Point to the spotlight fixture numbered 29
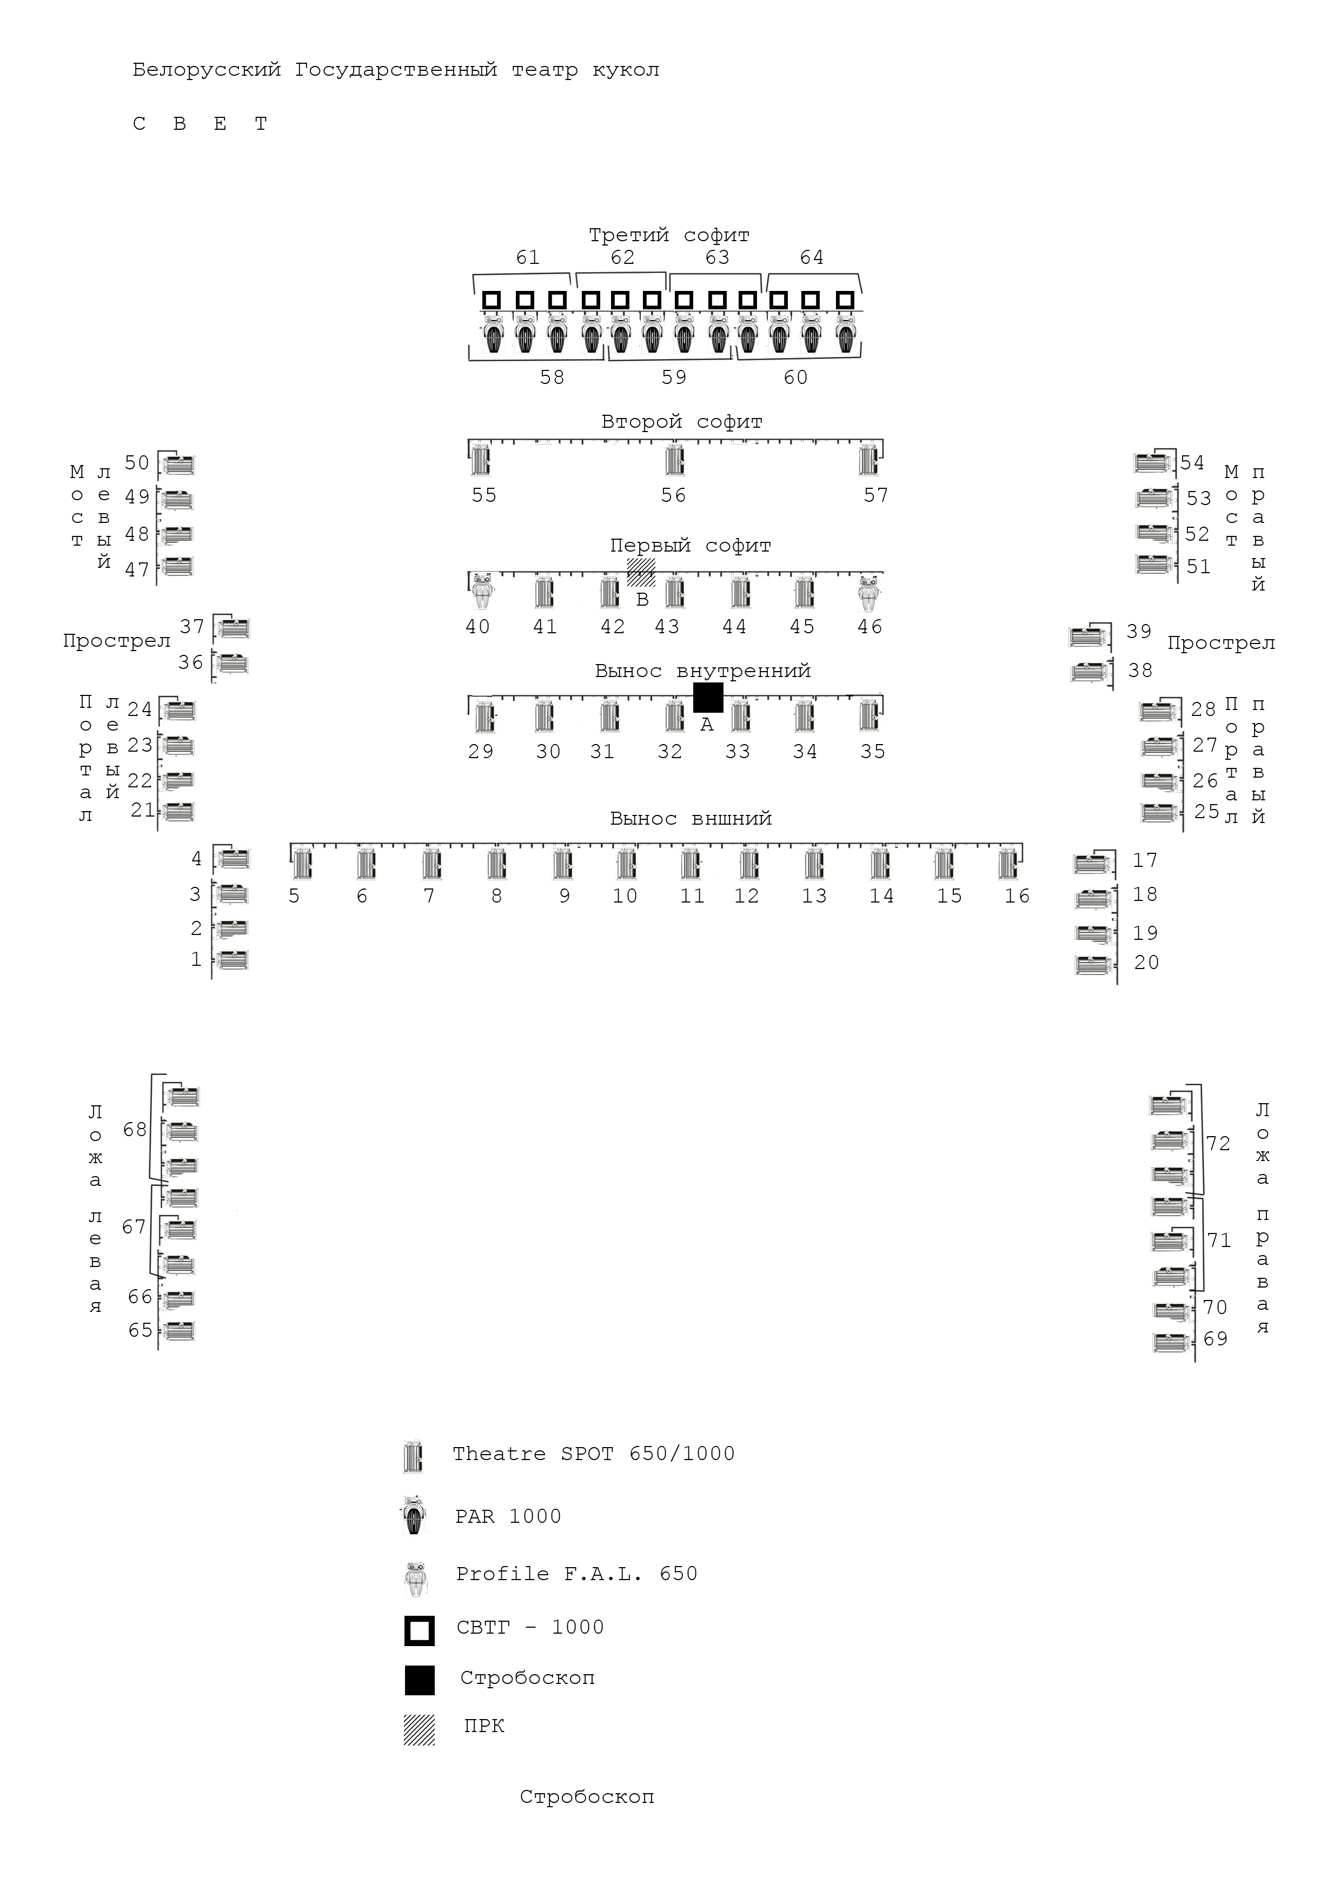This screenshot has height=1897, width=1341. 484,717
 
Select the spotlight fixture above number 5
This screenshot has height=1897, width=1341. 302,864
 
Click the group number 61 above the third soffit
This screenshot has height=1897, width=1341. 527,258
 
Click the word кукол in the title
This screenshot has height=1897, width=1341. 626,70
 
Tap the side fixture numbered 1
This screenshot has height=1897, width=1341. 231,960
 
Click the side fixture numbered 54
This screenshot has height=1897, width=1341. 1153,463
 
